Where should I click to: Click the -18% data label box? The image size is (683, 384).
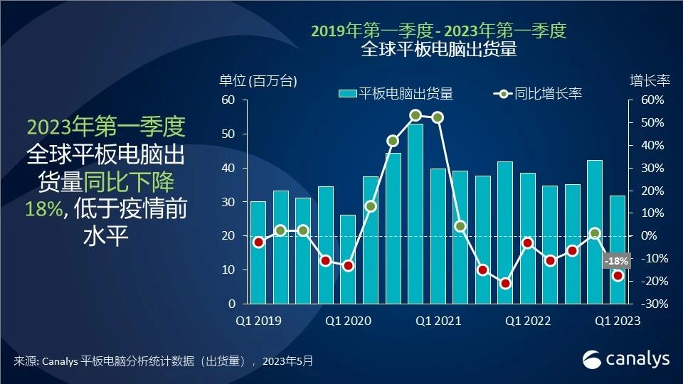click(x=615, y=261)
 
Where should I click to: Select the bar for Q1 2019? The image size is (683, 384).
click(x=258, y=252)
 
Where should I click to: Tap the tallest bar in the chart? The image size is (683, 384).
click(x=415, y=213)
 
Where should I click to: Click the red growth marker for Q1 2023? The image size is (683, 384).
click(x=618, y=276)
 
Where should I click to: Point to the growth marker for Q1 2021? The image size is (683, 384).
click(x=438, y=117)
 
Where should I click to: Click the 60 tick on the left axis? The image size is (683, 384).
click(x=228, y=100)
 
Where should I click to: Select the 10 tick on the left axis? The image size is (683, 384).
click(x=228, y=270)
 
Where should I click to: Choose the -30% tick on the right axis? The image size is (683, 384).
click(x=651, y=304)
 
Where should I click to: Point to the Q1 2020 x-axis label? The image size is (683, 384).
click(x=348, y=321)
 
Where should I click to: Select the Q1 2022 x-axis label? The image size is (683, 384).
click(x=528, y=321)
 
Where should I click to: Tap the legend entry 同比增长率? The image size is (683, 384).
click(x=539, y=93)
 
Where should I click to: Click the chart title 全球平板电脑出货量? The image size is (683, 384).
click(x=439, y=50)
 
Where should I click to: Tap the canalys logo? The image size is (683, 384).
click(x=626, y=359)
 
